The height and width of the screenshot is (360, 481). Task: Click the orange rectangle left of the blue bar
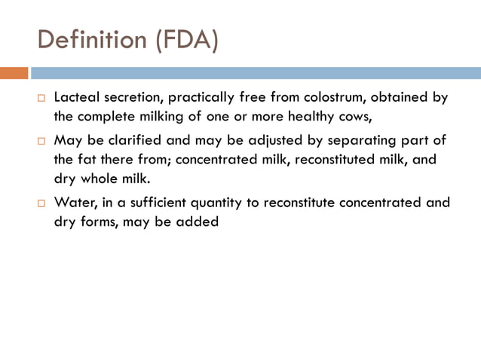pyautogui.click(x=14, y=73)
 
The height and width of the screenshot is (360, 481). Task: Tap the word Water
pyautogui.click(x=73, y=203)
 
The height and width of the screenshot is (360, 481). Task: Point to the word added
pyautogui.click(x=198, y=223)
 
